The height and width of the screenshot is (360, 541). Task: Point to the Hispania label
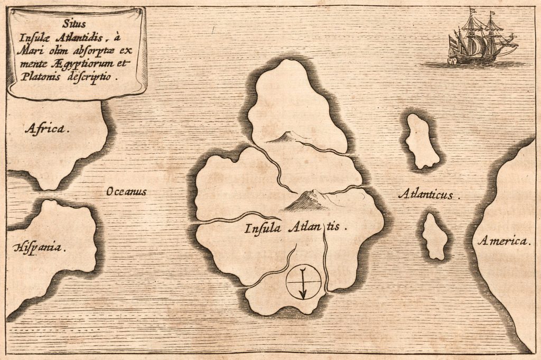pos(40,247)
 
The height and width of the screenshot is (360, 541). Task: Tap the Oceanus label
pos(126,191)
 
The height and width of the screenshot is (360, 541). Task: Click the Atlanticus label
pos(428,195)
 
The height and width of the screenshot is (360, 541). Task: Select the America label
pos(503,242)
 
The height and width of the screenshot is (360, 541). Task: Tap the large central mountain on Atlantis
pos(309,200)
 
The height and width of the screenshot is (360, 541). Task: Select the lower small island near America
pos(436,236)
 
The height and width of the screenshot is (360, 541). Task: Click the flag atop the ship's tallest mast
pos(473,10)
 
